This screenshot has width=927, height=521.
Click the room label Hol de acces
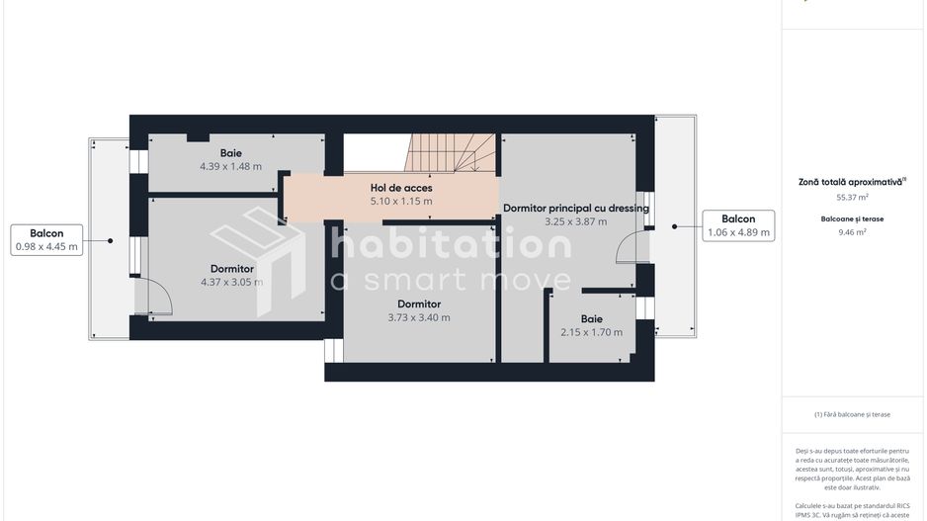tap(401, 187)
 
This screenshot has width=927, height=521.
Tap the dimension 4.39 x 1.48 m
tap(230, 166)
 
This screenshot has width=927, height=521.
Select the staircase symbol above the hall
tap(449, 153)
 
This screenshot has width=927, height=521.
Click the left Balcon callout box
tap(46, 240)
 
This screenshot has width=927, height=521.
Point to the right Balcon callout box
tap(738, 225)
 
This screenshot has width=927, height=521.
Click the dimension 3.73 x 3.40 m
tap(418, 317)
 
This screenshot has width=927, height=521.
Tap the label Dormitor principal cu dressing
tap(575, 208)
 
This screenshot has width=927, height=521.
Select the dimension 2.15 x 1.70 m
tap(591, 332)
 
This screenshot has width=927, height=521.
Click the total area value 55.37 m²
tap(853, 198)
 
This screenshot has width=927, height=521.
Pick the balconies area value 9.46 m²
tap(853, 232)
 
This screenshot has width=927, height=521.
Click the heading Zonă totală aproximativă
tap(852, 182)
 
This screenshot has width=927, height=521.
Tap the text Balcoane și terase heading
tap(853, 218)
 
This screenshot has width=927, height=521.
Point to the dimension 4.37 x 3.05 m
tap(232, 282)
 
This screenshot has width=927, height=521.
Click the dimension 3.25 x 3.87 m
tap(575, 221)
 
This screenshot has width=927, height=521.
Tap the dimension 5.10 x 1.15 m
tap(401, 201)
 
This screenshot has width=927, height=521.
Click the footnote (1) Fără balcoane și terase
tap(853, 414)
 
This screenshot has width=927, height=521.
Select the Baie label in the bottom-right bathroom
tap(591, 318)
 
